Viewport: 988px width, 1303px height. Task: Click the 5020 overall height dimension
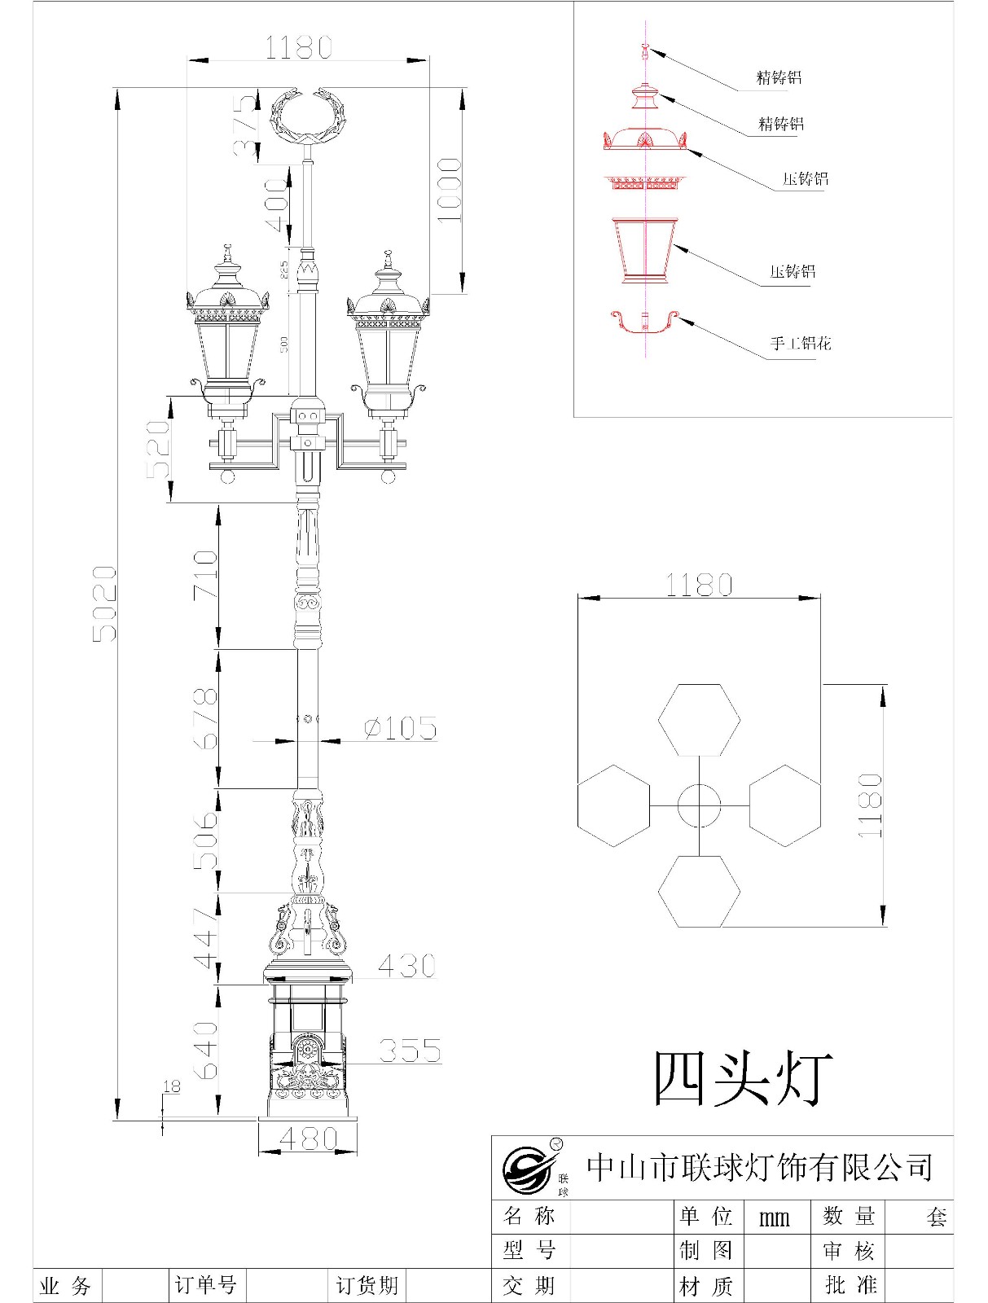point(103,603)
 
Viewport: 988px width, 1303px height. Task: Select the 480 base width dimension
point(308,1138)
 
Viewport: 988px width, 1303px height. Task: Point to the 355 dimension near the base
point(410,1051)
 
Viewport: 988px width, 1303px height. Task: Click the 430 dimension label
point(406,966)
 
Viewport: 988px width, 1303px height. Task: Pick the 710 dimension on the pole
point(205,575)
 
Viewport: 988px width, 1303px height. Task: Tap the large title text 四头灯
point(743,1078)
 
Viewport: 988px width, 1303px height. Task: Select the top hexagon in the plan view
point(699,720)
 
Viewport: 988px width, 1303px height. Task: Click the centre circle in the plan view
point(699,805)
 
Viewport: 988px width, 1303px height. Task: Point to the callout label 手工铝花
point(801,344)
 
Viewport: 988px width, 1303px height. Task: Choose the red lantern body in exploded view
point(645,249)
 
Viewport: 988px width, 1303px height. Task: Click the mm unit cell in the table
point(774,1217)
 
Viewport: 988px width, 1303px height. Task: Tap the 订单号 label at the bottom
point(205,1285)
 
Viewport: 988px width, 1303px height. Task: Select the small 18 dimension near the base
point(171,1086)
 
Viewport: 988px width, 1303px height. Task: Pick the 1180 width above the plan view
point(699,585)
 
